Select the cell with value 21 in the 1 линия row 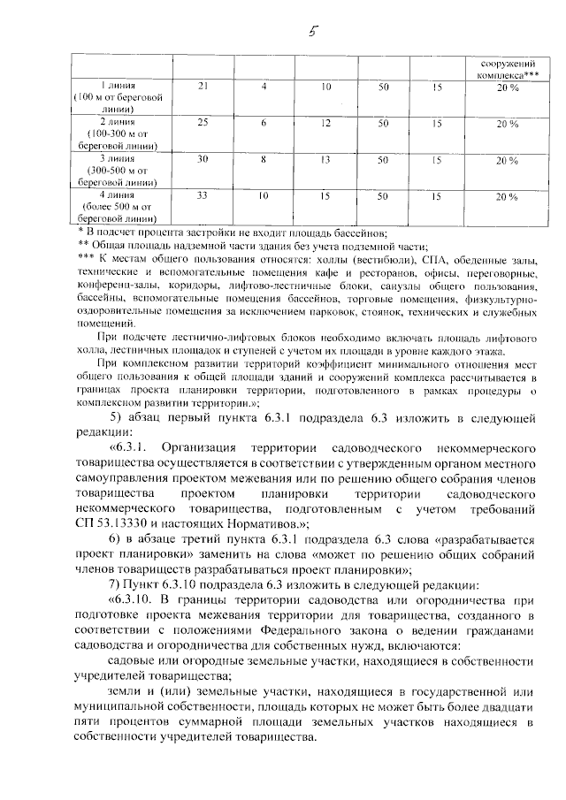(x=203, y=87)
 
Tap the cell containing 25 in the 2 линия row (x=203, y=123)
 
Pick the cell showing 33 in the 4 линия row (x=203, y=195)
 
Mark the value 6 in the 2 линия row (x=264, y=124)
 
